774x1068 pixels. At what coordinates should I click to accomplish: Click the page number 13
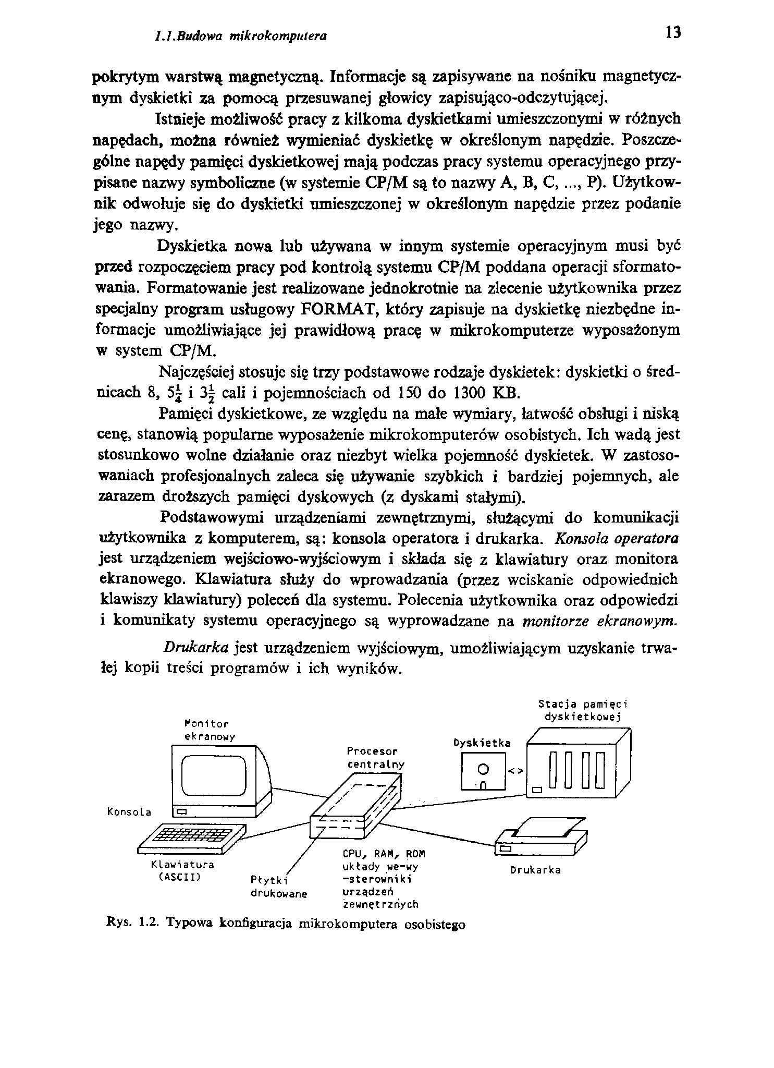[673, 32]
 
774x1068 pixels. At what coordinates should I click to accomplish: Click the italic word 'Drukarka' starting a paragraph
[196, 648]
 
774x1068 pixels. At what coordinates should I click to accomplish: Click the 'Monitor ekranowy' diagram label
[210, 730]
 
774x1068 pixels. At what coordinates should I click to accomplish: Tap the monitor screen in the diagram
[213, 776]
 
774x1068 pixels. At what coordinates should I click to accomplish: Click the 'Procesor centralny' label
[375, 758]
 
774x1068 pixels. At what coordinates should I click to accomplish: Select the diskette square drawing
[483, 773]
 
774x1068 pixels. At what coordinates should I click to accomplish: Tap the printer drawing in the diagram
[540, 838]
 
